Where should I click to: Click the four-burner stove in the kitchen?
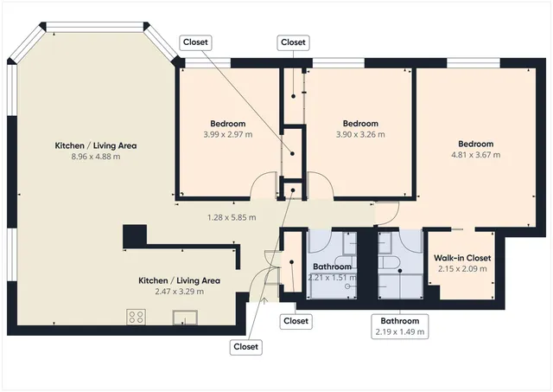(137, 317)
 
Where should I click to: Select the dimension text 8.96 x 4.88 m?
(96, 157)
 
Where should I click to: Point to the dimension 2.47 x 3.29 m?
(180, 292)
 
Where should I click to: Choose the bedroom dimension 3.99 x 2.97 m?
(228, 134)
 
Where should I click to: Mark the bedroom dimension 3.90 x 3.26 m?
(360, 134)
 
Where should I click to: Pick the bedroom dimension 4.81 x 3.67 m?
(475, 155)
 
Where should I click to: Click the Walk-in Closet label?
(462, 258)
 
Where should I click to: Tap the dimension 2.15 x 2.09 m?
(462, 269)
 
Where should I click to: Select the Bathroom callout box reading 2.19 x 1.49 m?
(399, 326)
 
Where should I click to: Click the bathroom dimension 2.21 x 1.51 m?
(333, 278)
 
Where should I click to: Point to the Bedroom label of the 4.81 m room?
(475, 144)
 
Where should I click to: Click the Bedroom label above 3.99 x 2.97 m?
(228, 123)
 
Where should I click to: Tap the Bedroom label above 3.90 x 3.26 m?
(360, 123)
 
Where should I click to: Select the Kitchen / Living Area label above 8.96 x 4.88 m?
(96, 145)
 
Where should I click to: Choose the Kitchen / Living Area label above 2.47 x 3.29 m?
(180, 280)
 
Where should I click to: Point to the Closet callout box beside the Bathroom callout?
(296, 321)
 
